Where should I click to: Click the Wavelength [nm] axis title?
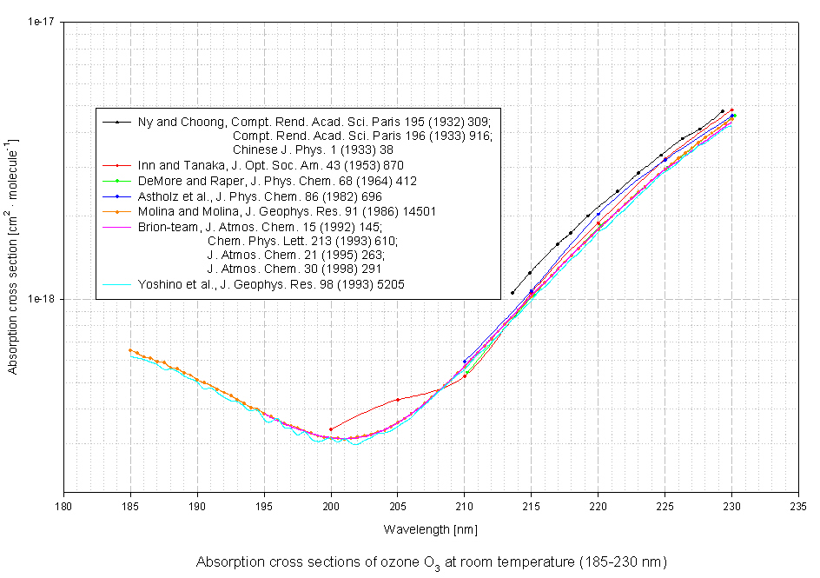tap(431, 528)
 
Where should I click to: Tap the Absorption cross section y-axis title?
tap(13, 255)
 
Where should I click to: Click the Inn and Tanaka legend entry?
tap(270, 165)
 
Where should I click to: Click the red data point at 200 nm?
tap(331, 429)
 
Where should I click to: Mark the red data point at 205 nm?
tap(398, 400)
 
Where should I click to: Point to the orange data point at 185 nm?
tap(130, 350)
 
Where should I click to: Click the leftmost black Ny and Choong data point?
tap(512, 293)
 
